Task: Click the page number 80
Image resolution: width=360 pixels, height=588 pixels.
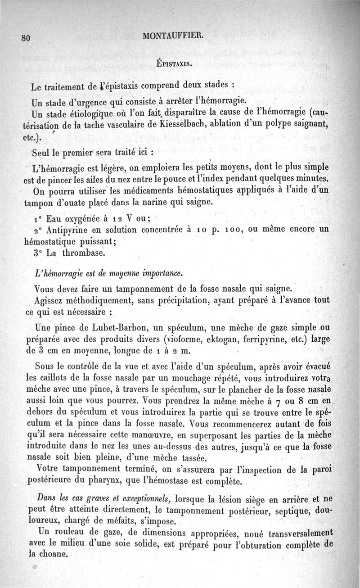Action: pyautogui.click(x=25, y=38)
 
